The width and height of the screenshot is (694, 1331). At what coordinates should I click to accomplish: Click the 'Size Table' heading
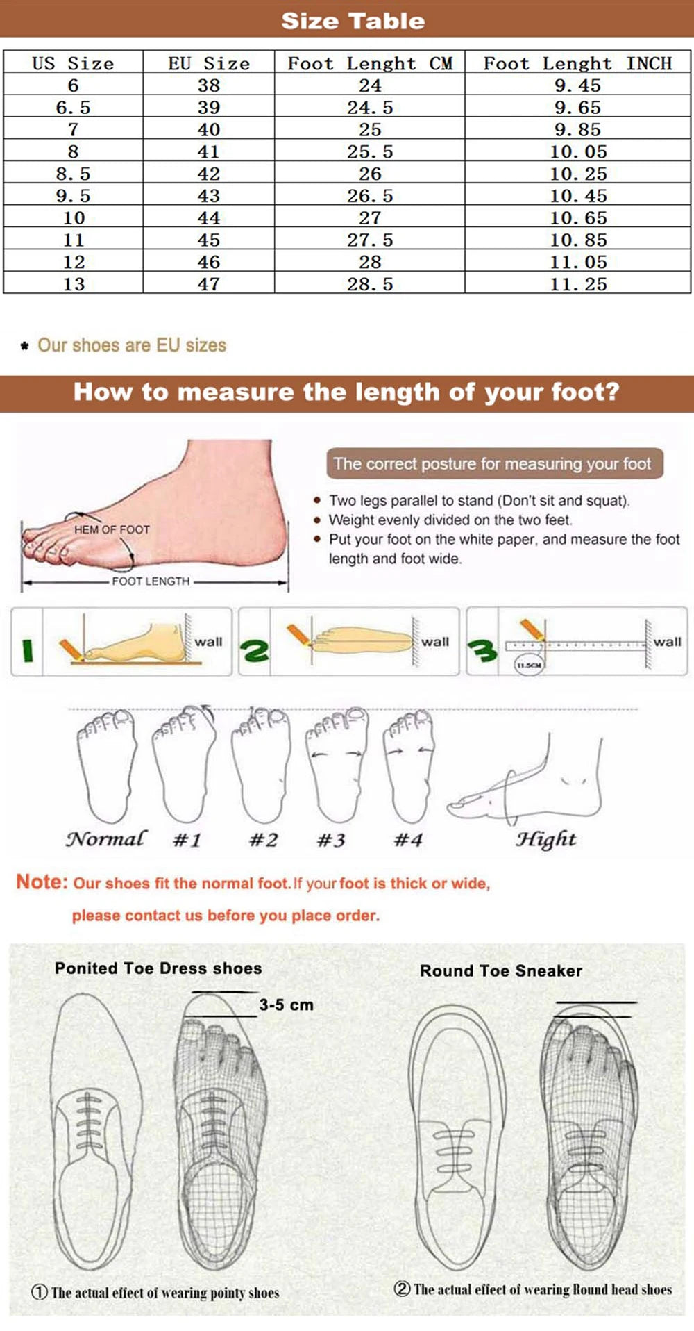pos(353,21)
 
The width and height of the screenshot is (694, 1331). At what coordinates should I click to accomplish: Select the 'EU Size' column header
pos(208,64)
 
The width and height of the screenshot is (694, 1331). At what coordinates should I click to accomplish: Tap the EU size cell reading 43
pos(208,196)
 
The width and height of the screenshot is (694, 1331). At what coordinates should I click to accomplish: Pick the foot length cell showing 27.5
pos(370,240)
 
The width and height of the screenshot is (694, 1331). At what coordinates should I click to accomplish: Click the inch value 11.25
pos(578,284)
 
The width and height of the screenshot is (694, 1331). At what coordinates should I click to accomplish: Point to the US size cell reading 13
pos(74,284)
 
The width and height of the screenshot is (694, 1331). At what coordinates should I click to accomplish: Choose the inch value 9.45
pos(577,85)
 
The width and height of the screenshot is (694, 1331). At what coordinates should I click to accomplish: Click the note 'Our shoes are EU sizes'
pos(132,345)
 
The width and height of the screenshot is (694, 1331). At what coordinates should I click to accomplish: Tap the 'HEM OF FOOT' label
pos(112,529)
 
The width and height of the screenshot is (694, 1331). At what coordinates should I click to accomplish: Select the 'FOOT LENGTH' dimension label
pos(151,581)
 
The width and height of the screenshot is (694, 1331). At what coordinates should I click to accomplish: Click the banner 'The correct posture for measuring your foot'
pos(492,463)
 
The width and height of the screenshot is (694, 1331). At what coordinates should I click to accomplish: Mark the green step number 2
pos(255,651)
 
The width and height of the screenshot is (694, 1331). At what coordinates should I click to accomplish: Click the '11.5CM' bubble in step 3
pos(529,665)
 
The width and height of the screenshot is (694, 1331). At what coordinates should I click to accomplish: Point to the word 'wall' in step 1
pos(208,642)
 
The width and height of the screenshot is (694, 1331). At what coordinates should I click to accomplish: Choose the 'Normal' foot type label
pos(106,838)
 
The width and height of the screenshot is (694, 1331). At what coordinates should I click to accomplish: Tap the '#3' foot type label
pos(331,841)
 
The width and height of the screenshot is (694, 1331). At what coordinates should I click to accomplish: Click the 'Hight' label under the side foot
pos(545,839)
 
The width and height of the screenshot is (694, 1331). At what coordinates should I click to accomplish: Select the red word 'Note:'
pos(42,882)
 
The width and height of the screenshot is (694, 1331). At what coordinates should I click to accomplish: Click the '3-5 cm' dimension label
pos(286,1005)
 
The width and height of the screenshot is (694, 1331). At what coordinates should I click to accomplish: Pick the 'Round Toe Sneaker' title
pos(500,970)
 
